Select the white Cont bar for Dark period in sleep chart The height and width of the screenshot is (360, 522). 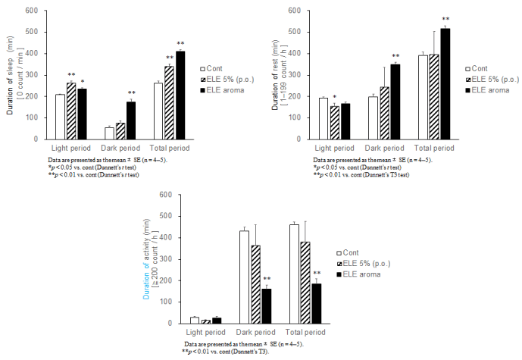click(110, 133)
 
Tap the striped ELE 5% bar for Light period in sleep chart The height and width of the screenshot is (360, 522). click(71, 111)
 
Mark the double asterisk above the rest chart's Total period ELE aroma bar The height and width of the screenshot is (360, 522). click(445, 20)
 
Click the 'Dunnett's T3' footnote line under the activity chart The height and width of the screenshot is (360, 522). click(227, 352)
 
